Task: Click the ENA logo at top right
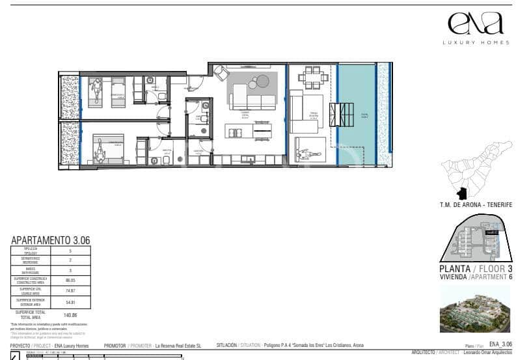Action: coord(475,23)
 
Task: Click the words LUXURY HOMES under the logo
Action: coord(475,42)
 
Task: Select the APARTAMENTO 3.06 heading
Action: coord(50,240)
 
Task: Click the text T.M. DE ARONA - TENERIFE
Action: coord(476,205)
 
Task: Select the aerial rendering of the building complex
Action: coord(475,308)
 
